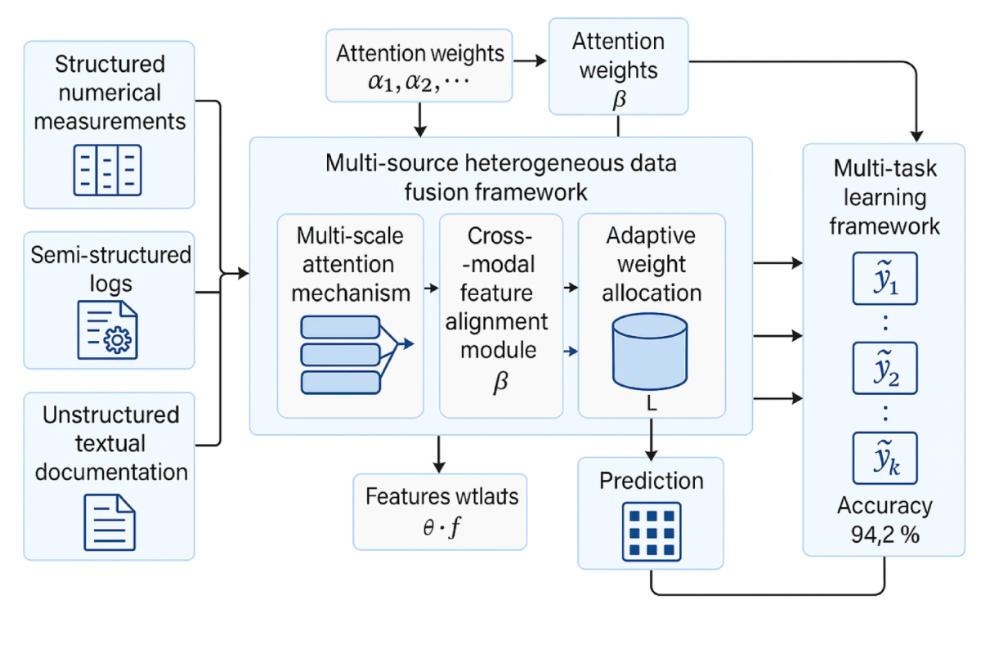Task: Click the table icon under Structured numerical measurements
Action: (108, 169)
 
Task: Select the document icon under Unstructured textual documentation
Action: (110, 522)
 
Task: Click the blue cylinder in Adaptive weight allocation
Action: (651, 352)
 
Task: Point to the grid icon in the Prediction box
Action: (651, 531)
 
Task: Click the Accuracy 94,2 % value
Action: (884, 519)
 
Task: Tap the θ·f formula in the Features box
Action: (441, 527)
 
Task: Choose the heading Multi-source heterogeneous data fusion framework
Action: (500, 177)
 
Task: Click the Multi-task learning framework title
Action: (885, 197)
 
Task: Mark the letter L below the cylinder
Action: (652, 407)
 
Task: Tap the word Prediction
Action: (651, 480)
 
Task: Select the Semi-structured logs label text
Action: (110, 269)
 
